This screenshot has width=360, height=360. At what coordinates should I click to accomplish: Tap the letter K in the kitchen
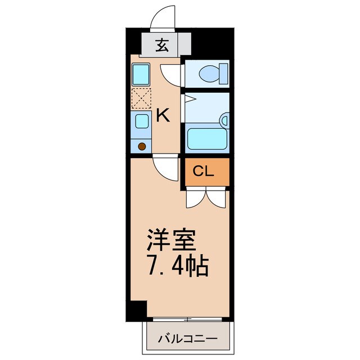163,116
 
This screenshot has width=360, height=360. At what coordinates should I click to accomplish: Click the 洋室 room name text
172,240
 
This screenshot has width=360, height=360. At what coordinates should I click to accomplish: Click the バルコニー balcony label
187,339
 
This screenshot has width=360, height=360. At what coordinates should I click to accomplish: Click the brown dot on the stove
142,146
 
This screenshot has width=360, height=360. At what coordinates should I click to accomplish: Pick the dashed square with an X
141,99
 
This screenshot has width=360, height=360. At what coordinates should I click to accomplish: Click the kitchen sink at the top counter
141,74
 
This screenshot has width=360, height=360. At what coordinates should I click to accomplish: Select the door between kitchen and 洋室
166,167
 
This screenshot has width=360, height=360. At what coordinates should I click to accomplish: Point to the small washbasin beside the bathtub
224,120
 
